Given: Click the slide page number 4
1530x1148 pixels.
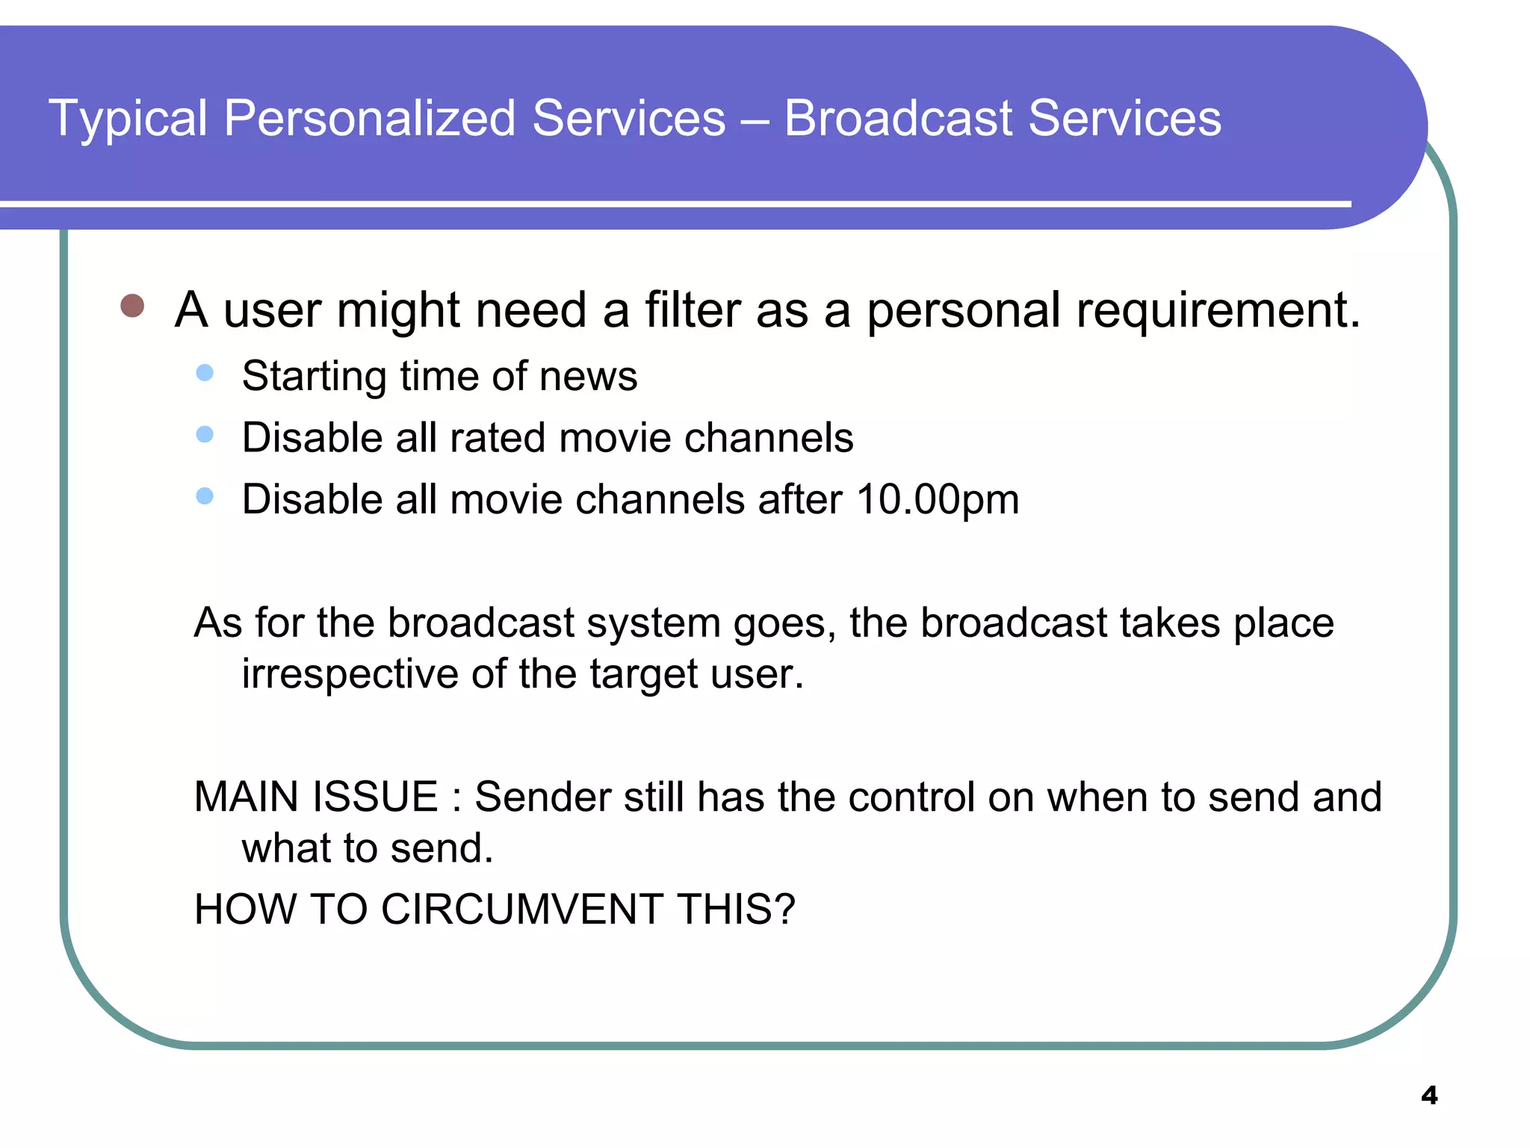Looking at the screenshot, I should point(1428,1096).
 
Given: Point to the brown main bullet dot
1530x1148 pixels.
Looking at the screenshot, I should point(132,306).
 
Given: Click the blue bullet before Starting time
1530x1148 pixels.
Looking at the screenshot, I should point(205,373).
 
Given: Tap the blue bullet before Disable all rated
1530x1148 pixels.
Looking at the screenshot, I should point(205,434).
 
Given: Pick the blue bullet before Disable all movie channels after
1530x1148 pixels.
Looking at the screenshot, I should point(205,496).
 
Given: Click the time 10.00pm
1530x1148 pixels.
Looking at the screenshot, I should point(938,499).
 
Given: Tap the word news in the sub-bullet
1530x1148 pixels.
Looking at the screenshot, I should point(588,376).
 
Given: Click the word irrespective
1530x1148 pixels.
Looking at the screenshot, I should point(350,674).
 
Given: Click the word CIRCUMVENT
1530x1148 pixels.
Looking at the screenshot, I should point(522,910).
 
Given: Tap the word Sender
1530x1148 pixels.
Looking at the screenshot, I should point(543,797).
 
